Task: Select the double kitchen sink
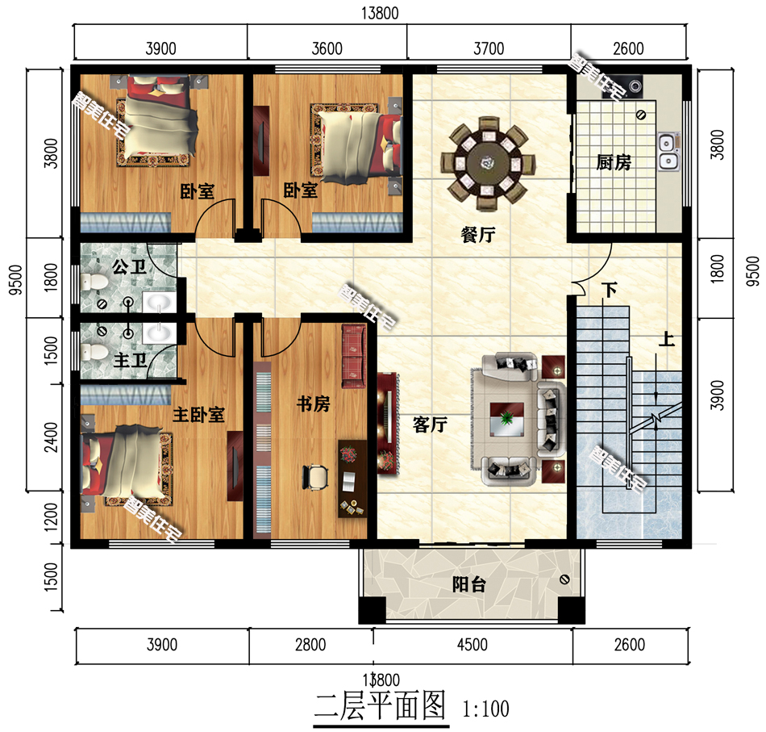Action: pyautogui.click(x=668, y=153)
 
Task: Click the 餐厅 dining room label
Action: pyautogui.click(x=477, y=235)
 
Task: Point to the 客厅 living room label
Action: pyautogui.click(x=430, y=425)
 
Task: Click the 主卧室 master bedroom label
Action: pyautogui.click(x=198, y=415)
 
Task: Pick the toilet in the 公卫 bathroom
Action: pyautogui.click(x=94, y=282)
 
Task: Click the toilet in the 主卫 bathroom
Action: pyautogui.click(x=93, y=353)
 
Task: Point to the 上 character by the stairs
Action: pyautogui.click(x=666, y=340)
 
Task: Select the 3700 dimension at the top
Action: pyautogui.click(x=489, y=49)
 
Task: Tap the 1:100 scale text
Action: pyautogui.click(x=486, y=709)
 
